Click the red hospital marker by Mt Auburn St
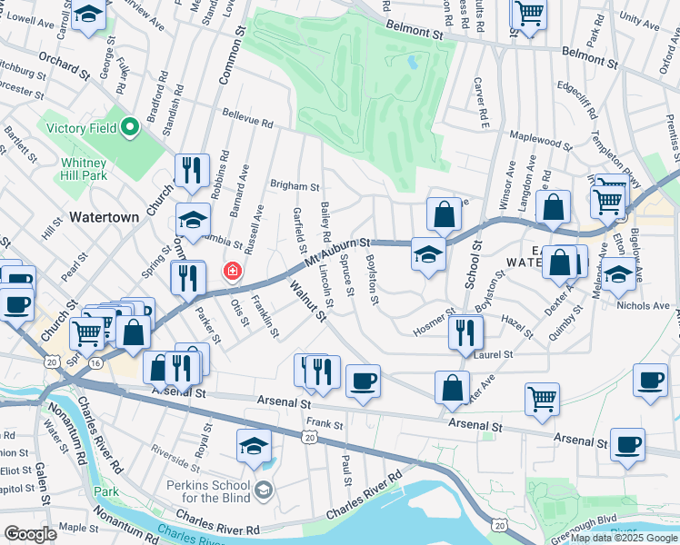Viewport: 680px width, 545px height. click(x=232, y=272)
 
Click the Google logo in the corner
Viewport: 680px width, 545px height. click(x=31, y=534)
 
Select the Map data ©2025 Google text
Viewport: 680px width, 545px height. click(x=624, y=538)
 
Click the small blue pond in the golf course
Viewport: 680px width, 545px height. click(x=415, y=64)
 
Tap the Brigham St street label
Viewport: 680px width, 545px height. click(x=295, y=185)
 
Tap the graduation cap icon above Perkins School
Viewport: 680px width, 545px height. click(x=254, y=445)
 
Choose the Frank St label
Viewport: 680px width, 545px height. click(x=325, y=423)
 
